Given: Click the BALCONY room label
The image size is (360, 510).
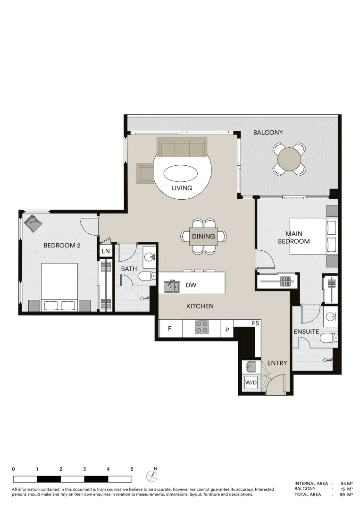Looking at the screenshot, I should click(268, 133).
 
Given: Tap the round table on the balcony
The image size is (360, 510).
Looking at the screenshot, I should click(288, 160).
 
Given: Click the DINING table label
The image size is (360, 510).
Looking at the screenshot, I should click(204, 237).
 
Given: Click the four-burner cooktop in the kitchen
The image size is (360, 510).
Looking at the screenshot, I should click(202, 327).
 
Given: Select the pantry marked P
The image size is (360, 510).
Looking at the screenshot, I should click(227, 330).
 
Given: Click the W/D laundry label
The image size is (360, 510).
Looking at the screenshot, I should click(251, 382).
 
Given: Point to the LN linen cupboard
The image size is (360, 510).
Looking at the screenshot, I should click(106, 251).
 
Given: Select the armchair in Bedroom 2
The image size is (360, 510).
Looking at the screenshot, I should click(33, 223).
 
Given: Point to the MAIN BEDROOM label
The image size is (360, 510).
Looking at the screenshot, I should click(293, 238).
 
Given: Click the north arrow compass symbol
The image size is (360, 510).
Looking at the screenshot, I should click(152, 475).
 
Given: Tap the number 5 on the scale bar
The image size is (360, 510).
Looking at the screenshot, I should click(132, 469).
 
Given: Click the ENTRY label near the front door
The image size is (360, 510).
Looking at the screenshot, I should click(277, 363).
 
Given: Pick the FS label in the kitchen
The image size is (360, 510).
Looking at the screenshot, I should click(255, 323).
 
